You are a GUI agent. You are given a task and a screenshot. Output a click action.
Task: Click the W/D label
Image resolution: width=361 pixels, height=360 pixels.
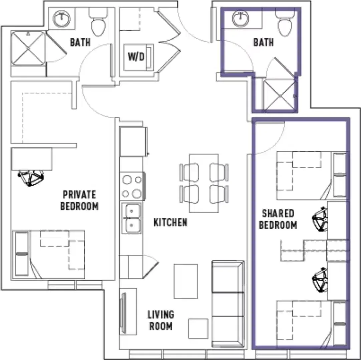click(136, 56)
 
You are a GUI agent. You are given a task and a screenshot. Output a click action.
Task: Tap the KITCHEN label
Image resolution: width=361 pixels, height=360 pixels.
click(170, 222)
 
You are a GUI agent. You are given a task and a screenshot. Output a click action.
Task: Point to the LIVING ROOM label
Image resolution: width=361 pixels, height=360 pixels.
click(161, 320)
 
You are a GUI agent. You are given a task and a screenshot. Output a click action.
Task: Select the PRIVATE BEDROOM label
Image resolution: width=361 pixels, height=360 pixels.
click(79, 200)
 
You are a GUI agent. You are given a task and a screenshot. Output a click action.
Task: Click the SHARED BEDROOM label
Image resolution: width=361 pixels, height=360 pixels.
click(278, 219)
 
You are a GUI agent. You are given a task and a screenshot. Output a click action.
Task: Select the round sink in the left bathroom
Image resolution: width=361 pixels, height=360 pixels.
click(61, 18)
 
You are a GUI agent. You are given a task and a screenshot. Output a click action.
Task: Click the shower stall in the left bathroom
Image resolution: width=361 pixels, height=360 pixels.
click(28, 48)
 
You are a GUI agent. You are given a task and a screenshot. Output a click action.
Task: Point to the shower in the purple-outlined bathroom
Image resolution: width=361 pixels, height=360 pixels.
click(279, 95)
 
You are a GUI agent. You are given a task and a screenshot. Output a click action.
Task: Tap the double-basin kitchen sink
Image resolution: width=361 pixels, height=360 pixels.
click(131, 218)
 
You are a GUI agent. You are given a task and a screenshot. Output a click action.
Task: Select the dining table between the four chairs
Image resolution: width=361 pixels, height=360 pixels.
click(204, 183)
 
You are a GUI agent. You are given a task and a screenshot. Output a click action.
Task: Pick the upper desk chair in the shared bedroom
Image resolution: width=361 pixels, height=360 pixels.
click(320, 219)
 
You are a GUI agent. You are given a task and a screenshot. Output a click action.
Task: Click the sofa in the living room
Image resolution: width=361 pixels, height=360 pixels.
click(228, 304)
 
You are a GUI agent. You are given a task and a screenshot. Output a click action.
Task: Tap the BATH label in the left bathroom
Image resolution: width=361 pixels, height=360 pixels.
click(80, 42)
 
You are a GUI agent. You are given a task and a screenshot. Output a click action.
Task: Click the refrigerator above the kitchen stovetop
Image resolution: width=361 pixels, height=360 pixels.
click(133, 141)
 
